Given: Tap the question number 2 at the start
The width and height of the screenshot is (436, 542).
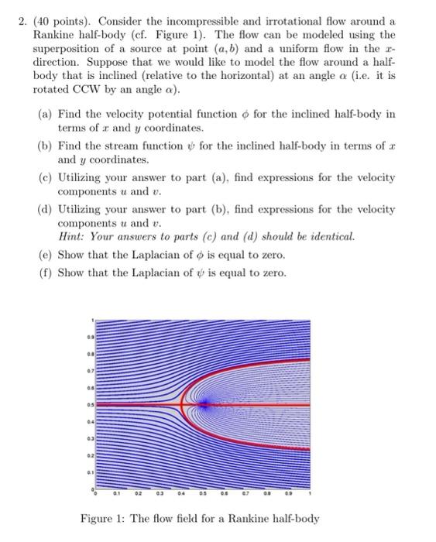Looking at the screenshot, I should [23, 20].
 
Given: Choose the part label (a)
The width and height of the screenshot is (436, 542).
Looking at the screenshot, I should [46, 114].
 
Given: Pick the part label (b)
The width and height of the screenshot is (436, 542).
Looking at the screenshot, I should [46, 146].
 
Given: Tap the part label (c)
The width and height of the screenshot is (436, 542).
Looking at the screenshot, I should [46, 177].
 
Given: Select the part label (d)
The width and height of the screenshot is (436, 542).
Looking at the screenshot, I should [46, 209].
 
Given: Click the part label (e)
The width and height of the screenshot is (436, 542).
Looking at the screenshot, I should [46, 255].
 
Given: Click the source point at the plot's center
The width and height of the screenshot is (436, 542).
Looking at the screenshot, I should [204, 403].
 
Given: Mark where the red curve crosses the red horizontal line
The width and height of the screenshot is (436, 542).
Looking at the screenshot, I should [182, 403].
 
